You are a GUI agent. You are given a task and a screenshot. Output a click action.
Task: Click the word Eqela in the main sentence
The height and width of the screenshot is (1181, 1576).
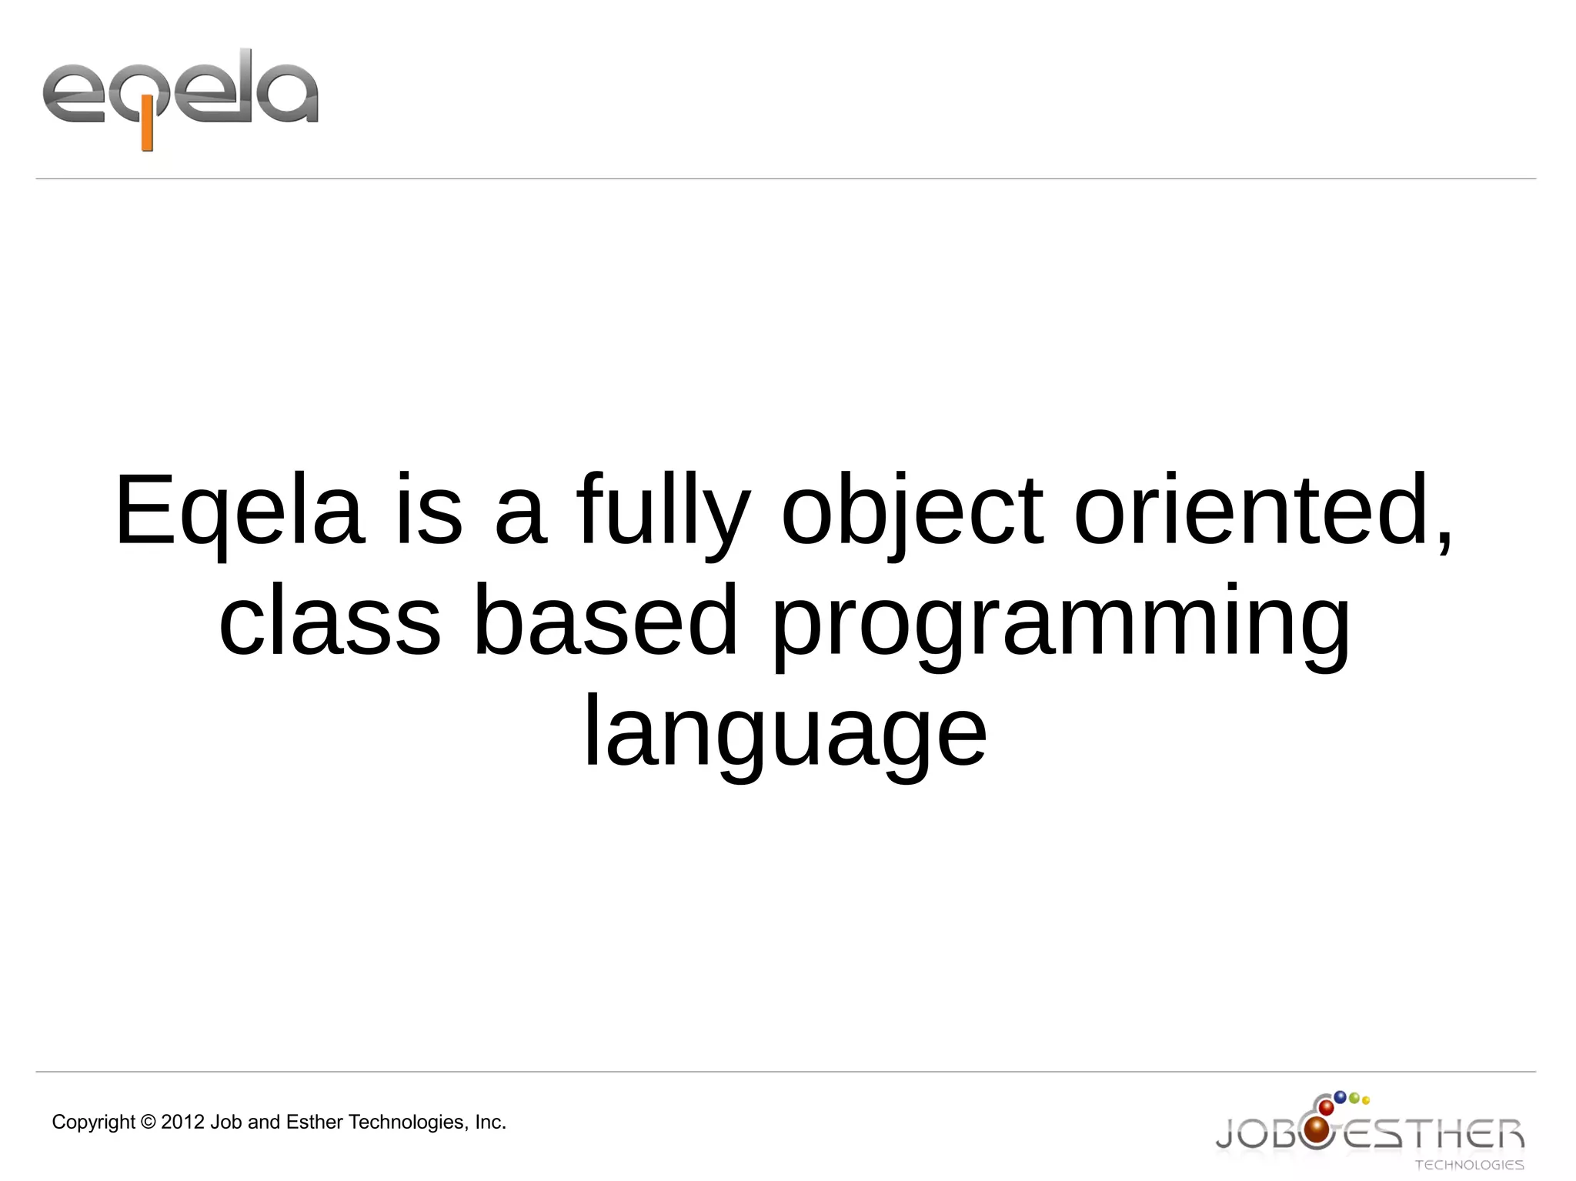239,511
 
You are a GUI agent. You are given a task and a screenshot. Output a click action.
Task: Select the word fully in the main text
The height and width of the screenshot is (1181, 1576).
663,511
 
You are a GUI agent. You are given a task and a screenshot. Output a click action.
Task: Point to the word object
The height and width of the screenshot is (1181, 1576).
913,511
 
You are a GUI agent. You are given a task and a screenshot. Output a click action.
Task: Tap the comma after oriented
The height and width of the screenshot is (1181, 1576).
1444,539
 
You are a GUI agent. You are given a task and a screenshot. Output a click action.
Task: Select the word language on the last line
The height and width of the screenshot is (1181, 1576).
785,732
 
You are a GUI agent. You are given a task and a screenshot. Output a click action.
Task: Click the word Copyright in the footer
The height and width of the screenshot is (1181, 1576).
93,1123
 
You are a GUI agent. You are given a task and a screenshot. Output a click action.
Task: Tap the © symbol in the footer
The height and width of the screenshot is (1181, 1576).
149,1123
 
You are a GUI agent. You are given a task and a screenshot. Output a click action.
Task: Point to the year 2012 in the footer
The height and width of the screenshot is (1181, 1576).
183,1123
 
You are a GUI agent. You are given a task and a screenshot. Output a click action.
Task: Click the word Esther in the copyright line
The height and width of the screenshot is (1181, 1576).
315,1123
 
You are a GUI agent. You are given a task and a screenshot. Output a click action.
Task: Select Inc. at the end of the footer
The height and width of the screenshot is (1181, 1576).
490,1123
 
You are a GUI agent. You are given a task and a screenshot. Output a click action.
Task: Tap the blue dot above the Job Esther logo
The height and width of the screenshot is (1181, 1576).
1340,1096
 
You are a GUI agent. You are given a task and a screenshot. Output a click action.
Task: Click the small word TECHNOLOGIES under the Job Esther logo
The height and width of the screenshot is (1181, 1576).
1469,1165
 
